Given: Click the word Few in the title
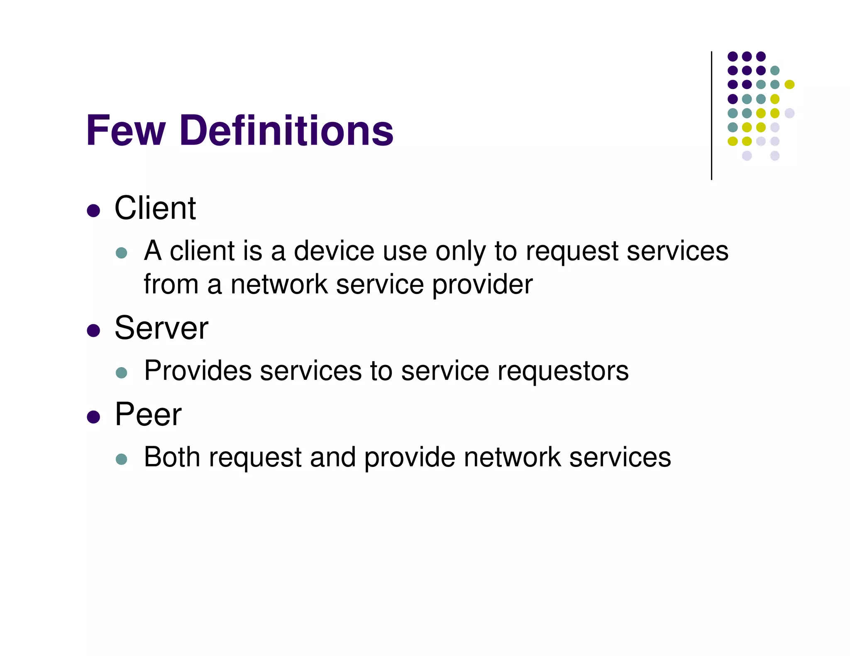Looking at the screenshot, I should [x=126, y=131].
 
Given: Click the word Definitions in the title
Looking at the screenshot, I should [x=286, y=131].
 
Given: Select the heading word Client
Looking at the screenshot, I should [x=155, y=208].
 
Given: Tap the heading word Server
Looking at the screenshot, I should [x=161, y=328].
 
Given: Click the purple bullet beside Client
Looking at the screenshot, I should [x=93, y=211].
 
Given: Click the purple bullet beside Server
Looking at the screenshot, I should [x=93, y=330].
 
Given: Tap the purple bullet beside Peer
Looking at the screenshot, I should [x=93, y=417].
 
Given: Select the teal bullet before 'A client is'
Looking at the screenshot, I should [x=121, y=253].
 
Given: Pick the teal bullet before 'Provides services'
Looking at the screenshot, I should [x=121, y=372].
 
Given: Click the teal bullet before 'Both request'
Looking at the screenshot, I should [x=121, y=459].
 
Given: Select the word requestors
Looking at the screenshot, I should [x=563, y=371].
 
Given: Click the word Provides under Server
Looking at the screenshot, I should [x=198, y=370].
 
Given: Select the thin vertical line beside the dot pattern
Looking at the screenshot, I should [x=711, y=116].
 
